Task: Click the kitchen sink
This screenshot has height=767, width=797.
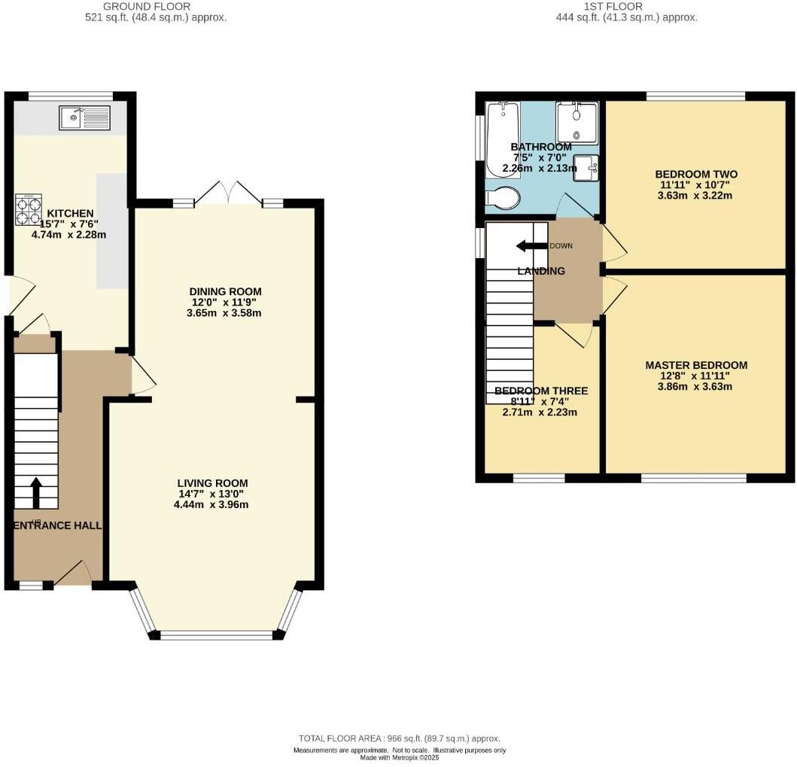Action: tap(85, 117)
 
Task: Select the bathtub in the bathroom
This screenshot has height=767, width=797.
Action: tap(502, 138)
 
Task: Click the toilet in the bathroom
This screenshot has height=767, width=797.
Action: tap(503, 198)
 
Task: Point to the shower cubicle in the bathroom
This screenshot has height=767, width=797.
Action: tap(576, 122)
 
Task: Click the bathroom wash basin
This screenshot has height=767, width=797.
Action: tap(586, 166)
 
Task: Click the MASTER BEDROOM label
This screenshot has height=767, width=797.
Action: tap(696, 366)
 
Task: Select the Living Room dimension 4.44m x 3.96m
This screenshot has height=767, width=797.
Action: tap(211, 505)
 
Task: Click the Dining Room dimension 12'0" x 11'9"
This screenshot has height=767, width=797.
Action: tap(225, 303)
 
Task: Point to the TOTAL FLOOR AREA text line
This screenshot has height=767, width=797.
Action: tap(399, 738)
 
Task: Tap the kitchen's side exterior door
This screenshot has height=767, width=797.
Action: tap(21, 296)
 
